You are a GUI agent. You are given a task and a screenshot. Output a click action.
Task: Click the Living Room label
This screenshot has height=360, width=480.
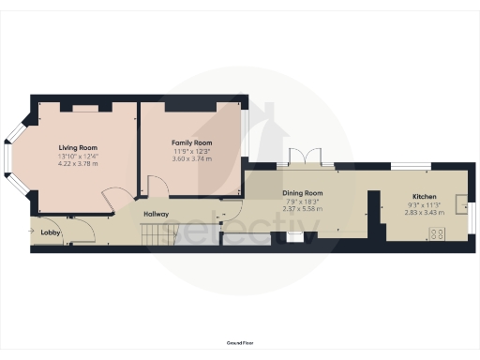click(x=79, y=147)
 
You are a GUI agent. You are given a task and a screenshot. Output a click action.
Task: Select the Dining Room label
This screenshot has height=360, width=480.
click(x=303, y=192)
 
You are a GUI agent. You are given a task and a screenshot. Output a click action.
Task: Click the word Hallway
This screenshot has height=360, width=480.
click(x=156, y=215)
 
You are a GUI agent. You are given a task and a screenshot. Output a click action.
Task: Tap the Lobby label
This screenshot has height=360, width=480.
click(x=51, y=232)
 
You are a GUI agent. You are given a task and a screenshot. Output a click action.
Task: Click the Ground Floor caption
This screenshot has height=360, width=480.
click(x=239, y=344)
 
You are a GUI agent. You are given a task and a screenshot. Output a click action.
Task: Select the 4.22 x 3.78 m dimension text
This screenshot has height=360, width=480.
click(x=79, y=164)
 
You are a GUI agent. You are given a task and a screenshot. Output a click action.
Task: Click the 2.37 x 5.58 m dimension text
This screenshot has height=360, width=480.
click(x=303, y=209)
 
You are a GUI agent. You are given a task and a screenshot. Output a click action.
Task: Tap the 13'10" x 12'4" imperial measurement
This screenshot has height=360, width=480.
click(x=79, y=156)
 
